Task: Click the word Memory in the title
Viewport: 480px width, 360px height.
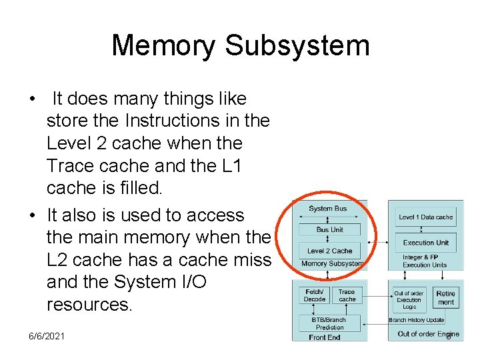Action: (163, 45)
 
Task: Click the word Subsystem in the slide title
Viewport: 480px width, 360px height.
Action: (297, 45)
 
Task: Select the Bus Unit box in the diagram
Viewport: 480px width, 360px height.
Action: (330, 230)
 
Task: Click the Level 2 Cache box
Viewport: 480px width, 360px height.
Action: (330, 251)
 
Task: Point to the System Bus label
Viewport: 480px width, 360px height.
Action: (328, 209)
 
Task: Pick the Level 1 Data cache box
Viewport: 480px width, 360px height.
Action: (425, 217)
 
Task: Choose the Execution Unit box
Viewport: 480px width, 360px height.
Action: (425, 243)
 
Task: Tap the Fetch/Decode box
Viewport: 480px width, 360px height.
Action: (314, 295)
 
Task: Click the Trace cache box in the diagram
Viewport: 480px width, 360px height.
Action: (347, 295)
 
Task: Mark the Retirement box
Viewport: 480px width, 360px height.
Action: (445, 298)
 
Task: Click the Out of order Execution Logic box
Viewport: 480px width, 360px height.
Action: (409, 300)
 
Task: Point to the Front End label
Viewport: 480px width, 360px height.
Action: (325, 337)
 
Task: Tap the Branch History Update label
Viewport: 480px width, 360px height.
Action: (417, 320)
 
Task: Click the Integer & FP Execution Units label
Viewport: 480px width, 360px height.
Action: (425, 261)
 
